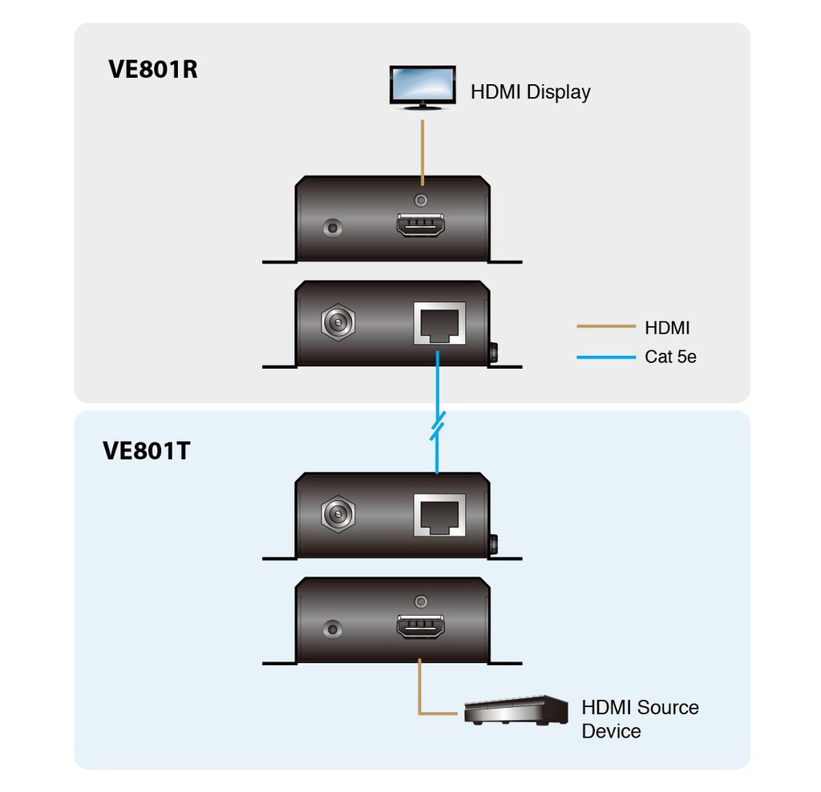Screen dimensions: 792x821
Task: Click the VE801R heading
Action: (x=152, y=69)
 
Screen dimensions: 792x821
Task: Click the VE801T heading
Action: (x=147, y=451)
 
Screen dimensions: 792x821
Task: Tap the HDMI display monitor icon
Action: (x=421, y=87)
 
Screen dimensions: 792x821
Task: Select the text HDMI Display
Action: (x=530, y=91)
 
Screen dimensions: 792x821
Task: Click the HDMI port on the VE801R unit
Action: (x=420, y=226)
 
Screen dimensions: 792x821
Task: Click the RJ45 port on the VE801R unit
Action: (x=439, y=322)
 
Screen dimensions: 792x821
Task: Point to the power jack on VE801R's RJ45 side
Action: (x=337, y=323)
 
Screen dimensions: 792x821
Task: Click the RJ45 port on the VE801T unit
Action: (x=439, y=515)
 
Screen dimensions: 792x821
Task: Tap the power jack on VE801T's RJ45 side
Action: (x=337, y=514)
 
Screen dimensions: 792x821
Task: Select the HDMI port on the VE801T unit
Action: (x=420, y=627)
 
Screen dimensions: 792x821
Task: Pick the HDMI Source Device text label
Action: (x=639, y=719)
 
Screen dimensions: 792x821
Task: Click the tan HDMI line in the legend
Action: (x=605, y=327)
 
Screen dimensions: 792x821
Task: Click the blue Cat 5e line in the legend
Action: (x=605, y=357)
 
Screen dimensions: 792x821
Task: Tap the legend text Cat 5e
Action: (x=670, y=357)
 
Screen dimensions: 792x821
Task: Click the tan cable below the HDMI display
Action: (x=423, y=152)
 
